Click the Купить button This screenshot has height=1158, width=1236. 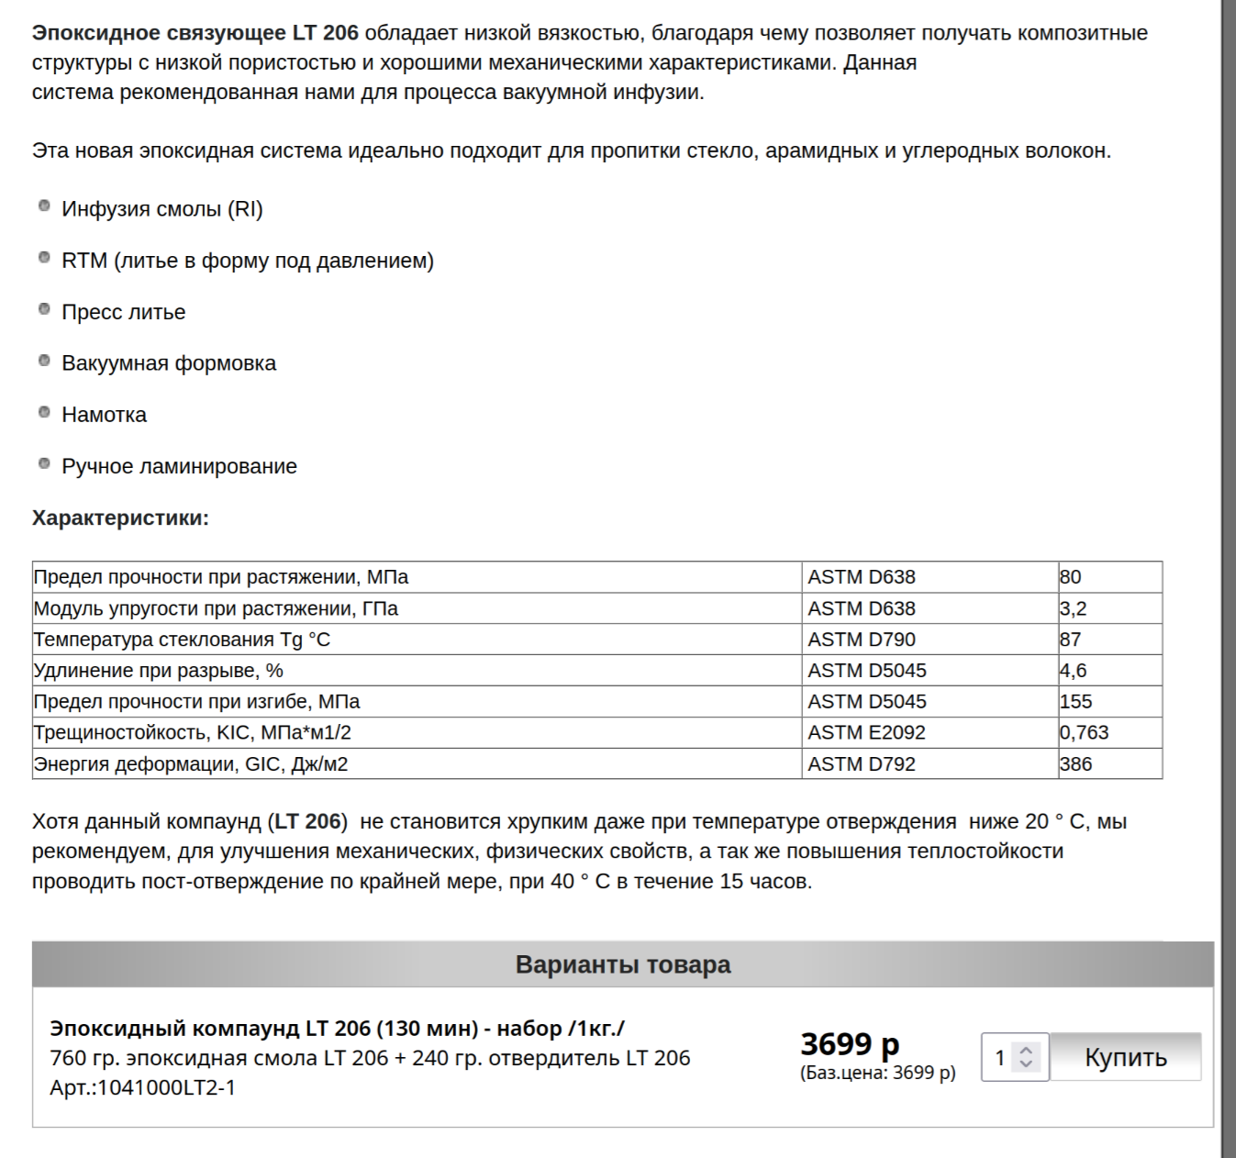pyautogui.click(x=1125, y=1057)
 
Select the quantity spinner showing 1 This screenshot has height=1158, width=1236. pyautogui.click(x=1014, y=1057)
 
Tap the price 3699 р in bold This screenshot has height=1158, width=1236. pyautogui.click(x=850, y=1043)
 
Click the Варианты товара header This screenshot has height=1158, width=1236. pyautogui.click(x=622, y=964)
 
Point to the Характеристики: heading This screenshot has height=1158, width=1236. pyautogui.click(x=120, y=518)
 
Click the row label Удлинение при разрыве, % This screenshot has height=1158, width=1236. pyautogui.click(x=159, y=671)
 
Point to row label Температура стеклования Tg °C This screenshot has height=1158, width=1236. pyautogui.click(x=182, y=640)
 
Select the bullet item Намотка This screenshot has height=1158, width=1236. pyautogui.click(x=104, y=415)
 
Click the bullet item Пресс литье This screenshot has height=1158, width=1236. pyautogui.click(x=123, y=312)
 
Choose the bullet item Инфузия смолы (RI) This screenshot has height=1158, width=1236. pyautogui.click(x=161, y=209)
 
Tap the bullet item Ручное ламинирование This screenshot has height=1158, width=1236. pyautogui.click(x=179, y=466)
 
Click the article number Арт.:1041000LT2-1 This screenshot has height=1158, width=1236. pyautogui.click(x=142, y=1087)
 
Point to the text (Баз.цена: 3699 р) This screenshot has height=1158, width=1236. pyautogui.click(x=877, y=1073)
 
